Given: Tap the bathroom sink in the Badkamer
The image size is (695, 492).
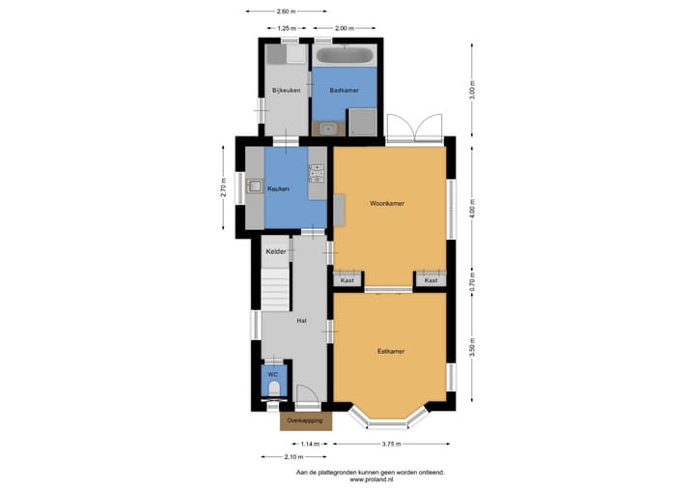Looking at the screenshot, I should (328, 128).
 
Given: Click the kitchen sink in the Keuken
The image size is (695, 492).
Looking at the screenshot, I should (255, 188).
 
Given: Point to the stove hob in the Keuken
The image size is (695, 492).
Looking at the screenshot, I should (316, 175).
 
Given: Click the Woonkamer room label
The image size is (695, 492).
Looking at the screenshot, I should (387, 204).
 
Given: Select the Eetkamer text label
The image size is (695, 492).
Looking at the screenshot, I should (390, 351).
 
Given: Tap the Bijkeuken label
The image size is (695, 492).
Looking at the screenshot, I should (287, 91).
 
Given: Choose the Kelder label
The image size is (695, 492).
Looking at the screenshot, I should (277, 252).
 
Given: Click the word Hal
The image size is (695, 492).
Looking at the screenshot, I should (301, 320).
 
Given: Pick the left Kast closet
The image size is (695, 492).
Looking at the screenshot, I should (347, 280).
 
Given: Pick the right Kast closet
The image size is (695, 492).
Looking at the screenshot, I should (431, 280).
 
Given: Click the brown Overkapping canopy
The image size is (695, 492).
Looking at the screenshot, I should (306, 421).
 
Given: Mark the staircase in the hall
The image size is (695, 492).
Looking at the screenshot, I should (277, 288).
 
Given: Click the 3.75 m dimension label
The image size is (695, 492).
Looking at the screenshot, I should (391, 444).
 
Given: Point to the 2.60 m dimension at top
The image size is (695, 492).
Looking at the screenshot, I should (286, 11).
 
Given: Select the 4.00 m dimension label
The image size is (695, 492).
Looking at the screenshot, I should (473, 209).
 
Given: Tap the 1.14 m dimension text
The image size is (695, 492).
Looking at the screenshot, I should (309, 444).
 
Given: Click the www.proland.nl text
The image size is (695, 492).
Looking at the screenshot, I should (370, 478).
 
